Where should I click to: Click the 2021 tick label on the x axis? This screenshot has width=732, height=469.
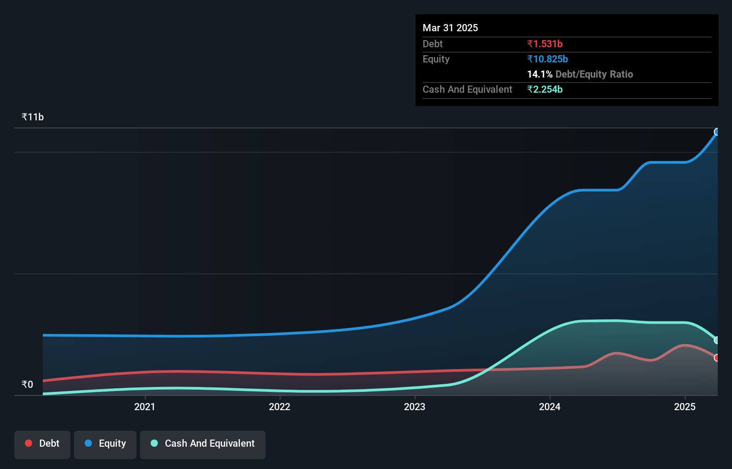tap(144, 407)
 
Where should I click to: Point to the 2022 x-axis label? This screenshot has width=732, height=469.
tap(280, 407)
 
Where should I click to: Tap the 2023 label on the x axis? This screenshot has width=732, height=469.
tap(415, 407)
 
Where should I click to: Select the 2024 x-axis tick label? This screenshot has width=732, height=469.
tap(550, 407)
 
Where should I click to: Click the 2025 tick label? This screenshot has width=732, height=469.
tap(685, 407)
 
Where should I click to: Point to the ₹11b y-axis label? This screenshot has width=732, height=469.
tap(33, 117)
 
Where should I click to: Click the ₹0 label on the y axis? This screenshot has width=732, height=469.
tap(27, 384)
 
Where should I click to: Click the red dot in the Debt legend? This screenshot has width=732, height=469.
tap(29, 443)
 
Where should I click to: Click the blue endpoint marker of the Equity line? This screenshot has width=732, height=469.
tap(717, 132)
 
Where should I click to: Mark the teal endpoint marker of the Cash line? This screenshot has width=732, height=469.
tap(717, 340)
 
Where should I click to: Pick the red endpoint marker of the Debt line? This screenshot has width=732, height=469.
tap(717, 358)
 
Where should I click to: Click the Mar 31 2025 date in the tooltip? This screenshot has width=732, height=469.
tap(450, 28)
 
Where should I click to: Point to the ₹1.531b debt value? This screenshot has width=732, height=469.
tap(545, 44)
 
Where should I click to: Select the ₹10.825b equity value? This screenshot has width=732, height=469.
tap(547, 59)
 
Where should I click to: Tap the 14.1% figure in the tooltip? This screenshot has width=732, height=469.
tap(539, 74)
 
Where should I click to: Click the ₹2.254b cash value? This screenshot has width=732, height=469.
tap(545, 89)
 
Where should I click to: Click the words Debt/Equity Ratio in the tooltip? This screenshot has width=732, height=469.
tap(594, 74)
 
